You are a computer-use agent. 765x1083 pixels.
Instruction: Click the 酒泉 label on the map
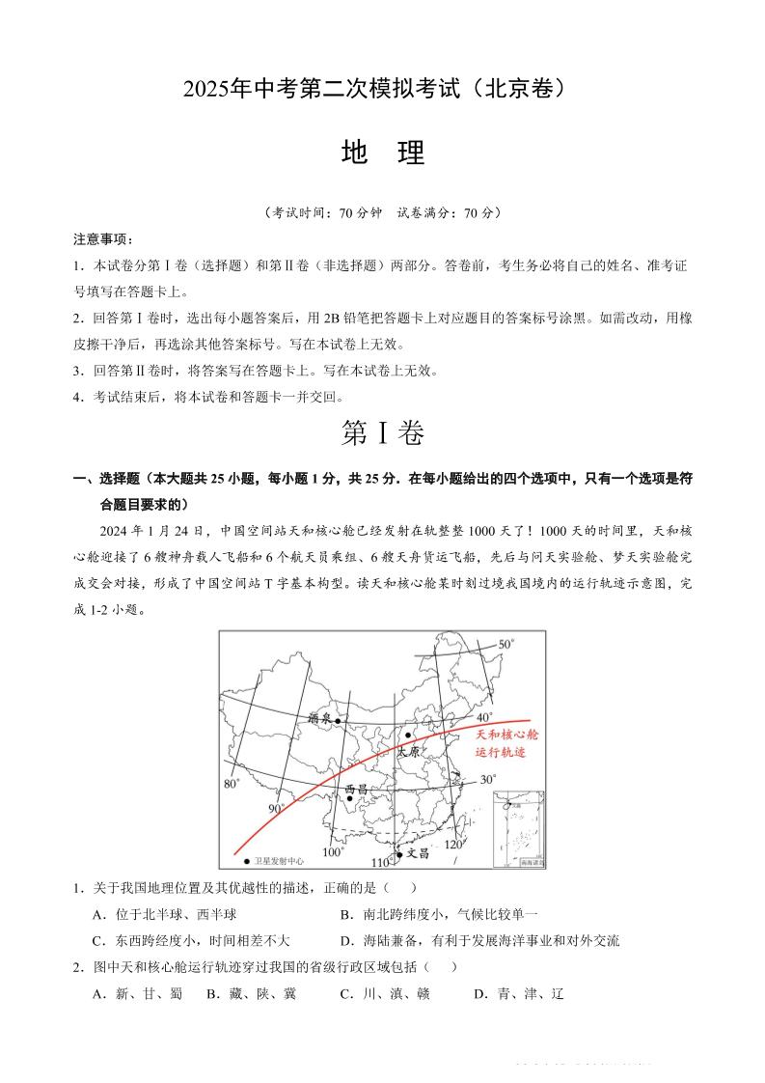point(319,718)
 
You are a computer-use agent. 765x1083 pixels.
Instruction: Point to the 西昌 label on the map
point(356,790)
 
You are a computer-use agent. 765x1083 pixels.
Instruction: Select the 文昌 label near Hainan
point(416,853)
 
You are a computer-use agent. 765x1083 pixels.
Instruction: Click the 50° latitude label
point(506,644)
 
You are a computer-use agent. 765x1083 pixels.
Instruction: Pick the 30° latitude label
point(487,779)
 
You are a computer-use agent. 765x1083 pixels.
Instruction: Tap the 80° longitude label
point(232,784)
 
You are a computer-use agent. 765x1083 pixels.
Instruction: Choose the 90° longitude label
point(277,809)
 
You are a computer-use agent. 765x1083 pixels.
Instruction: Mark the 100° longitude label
point(333,852)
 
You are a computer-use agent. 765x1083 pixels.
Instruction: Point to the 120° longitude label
point(453,845)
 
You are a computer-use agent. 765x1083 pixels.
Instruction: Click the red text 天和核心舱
point(507,735)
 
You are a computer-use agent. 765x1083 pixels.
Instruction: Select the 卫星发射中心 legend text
point(280,860)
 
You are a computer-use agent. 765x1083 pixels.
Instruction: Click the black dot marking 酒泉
point(338,720)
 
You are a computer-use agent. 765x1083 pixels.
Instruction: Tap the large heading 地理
point(383,153)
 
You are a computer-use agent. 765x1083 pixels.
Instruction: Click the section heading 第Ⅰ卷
point(383,434)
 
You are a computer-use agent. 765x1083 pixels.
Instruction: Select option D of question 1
point(479,940)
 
